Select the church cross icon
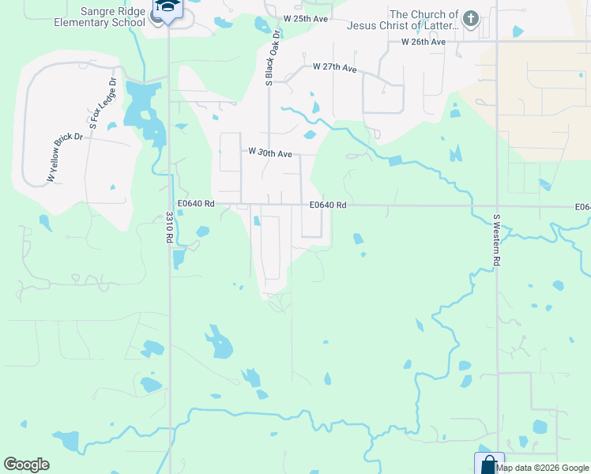click(471, 18)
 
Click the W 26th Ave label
click(423, 41)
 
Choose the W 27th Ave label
click(335, 68)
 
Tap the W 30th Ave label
click(270, 152)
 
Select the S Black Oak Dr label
click(273, 58)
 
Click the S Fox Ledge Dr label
click(102, 103)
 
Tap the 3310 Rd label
click(169, 229)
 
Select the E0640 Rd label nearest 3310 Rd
click(196, 203)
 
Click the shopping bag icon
click(488, 464)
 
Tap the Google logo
click(26, 465)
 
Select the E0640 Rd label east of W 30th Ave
click(328, 205)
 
